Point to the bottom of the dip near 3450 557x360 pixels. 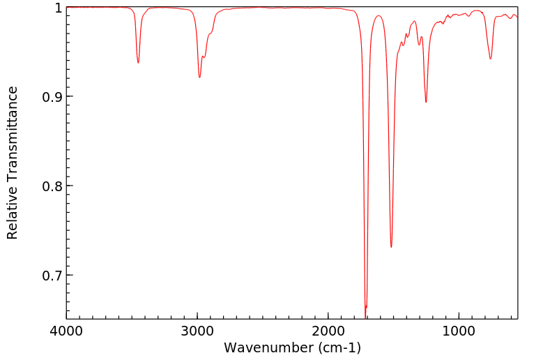point(138,63)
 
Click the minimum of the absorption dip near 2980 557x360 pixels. point(199,77)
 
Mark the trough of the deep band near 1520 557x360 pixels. point(391,247)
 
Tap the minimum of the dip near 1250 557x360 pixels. point(426,103)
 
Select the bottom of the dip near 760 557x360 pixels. point(491,59)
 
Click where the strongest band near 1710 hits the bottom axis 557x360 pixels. point(366,318)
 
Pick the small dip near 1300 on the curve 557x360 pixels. point(419,45)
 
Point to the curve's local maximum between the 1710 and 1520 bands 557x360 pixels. point(379,15)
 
